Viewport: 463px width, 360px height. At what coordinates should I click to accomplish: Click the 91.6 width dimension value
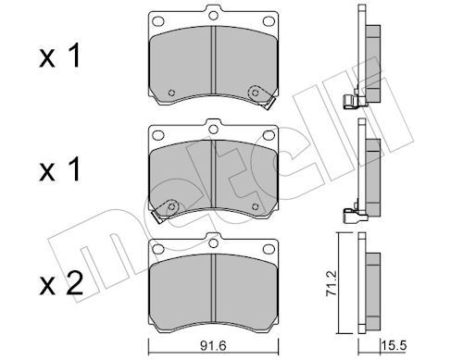[213, 345]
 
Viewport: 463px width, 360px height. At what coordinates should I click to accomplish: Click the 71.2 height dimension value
[332, 283]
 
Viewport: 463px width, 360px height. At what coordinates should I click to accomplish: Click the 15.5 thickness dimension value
[394, 345]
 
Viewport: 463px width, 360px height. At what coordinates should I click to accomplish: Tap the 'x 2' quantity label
[61, 283]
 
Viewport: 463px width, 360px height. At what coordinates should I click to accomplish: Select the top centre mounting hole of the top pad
[213, 15]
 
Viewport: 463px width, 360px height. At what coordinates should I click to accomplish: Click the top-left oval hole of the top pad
[158, 21]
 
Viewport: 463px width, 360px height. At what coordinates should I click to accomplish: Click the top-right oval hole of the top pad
[269, 21]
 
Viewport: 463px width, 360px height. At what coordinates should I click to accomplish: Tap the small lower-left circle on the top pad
[171, 93]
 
